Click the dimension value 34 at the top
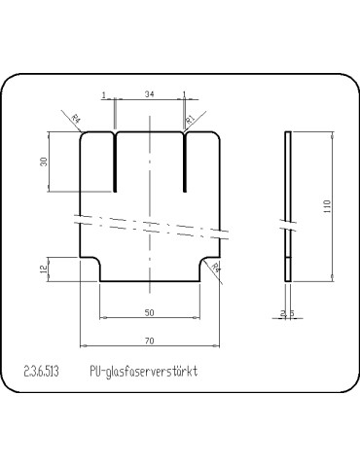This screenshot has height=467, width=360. pos(149,94)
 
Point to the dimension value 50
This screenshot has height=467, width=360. pos(149,311)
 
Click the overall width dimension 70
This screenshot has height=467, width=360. pos(149,341)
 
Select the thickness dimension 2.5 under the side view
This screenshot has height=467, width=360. pos(286,312)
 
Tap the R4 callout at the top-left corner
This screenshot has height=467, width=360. pos(77,119)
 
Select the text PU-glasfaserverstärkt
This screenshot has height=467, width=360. pos(143,372)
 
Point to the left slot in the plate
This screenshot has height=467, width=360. pos(115,161)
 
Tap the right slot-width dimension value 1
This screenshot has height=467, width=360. pos(184,94)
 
